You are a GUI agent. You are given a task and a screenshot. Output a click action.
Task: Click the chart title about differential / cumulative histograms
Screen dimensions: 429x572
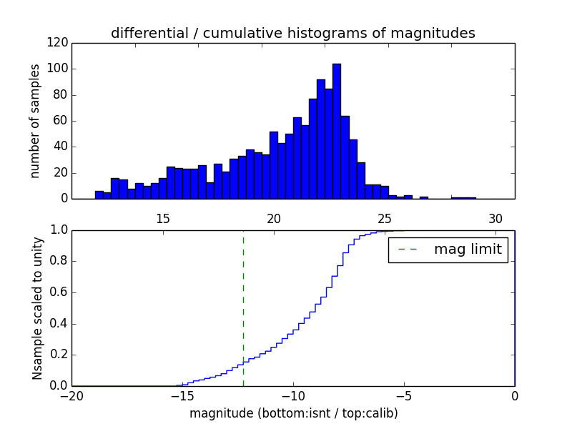coord(292,33)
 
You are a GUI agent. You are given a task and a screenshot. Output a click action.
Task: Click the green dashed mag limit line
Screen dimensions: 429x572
coord(243,307)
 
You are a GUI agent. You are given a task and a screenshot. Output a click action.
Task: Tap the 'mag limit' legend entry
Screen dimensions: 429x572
coord(448,250)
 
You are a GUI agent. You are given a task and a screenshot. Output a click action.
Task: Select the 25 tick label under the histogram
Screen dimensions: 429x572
coord(385,219)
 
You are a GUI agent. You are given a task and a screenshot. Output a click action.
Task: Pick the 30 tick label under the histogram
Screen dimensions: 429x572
coord(495,219)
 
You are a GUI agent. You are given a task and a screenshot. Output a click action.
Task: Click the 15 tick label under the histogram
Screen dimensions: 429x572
coord(162,219)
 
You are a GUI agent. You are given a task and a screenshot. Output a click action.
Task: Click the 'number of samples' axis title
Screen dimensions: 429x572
coord(35,121)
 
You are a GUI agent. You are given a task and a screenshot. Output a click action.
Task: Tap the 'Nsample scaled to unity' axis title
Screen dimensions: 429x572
coord(37,308)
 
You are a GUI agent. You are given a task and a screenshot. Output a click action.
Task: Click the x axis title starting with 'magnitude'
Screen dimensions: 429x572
coord(293,413)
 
